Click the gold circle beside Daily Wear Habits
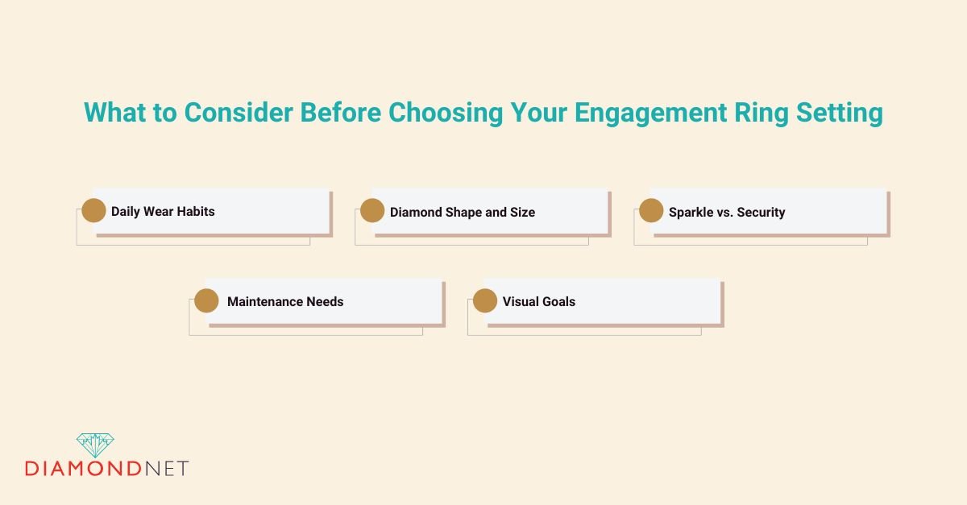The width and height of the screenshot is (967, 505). point(93,211)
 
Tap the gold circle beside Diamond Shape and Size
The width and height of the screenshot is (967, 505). point(372,211)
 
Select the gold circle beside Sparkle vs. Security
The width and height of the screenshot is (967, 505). point(651,211)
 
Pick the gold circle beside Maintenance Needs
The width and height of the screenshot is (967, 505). point(206,301)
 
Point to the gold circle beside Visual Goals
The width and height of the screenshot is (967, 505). point(485,301)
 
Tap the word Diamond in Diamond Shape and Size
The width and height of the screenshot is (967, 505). point(414,212)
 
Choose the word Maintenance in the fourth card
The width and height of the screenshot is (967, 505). point(264,302)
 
